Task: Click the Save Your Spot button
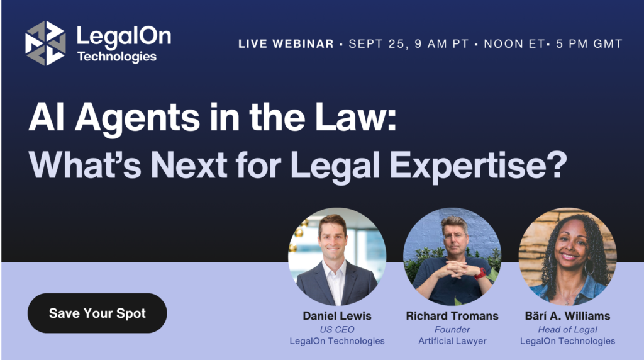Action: (x=97, y=313)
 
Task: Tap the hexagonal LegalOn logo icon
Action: (x=45, y=43)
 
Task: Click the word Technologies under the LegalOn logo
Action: (x=117, y=57)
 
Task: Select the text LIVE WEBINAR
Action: (x=286, y=44)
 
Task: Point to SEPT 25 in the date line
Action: (x=377, y=44)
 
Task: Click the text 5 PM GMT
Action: (x=589, y=44)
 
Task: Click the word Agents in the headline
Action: (x=137, y=118)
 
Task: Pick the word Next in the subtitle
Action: (x=189, y=165)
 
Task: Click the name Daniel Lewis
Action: (x=337, y=316)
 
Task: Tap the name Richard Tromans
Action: (x=452, y=316)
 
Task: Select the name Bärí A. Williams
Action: (x=568, y=316)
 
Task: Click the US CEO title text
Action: (x=337, y=330)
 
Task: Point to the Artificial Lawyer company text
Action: (x=452, y=341)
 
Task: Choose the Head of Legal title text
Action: (x=568, y=330)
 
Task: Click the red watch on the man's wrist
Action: (x=480, y=273)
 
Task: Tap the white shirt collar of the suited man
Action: (x=333, y=271)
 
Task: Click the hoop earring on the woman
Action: (x=589, y=267)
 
